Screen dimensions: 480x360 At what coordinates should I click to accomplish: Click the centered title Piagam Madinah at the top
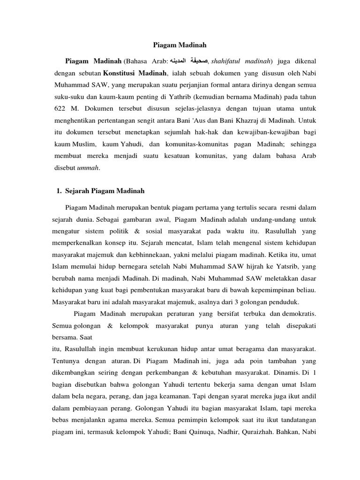180,45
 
